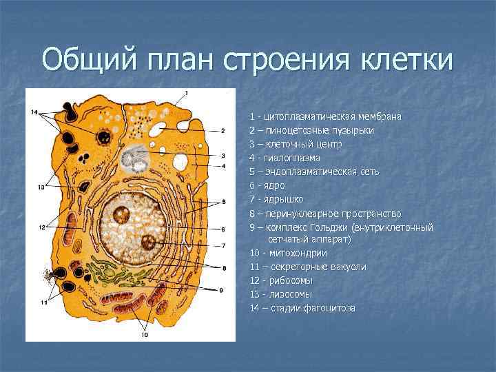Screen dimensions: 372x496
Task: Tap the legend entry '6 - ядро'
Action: [267, 185]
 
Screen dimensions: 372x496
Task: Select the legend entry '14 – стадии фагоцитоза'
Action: [302, 308]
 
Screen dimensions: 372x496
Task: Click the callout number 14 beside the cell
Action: [34, 112]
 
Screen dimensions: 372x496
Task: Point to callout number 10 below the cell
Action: [145, 335]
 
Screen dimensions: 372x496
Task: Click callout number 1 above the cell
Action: [186, 92]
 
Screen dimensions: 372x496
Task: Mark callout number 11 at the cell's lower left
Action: [43, 302]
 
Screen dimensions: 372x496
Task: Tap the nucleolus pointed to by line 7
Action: [149, 242]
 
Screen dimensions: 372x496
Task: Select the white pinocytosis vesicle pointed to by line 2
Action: [157, 129]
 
